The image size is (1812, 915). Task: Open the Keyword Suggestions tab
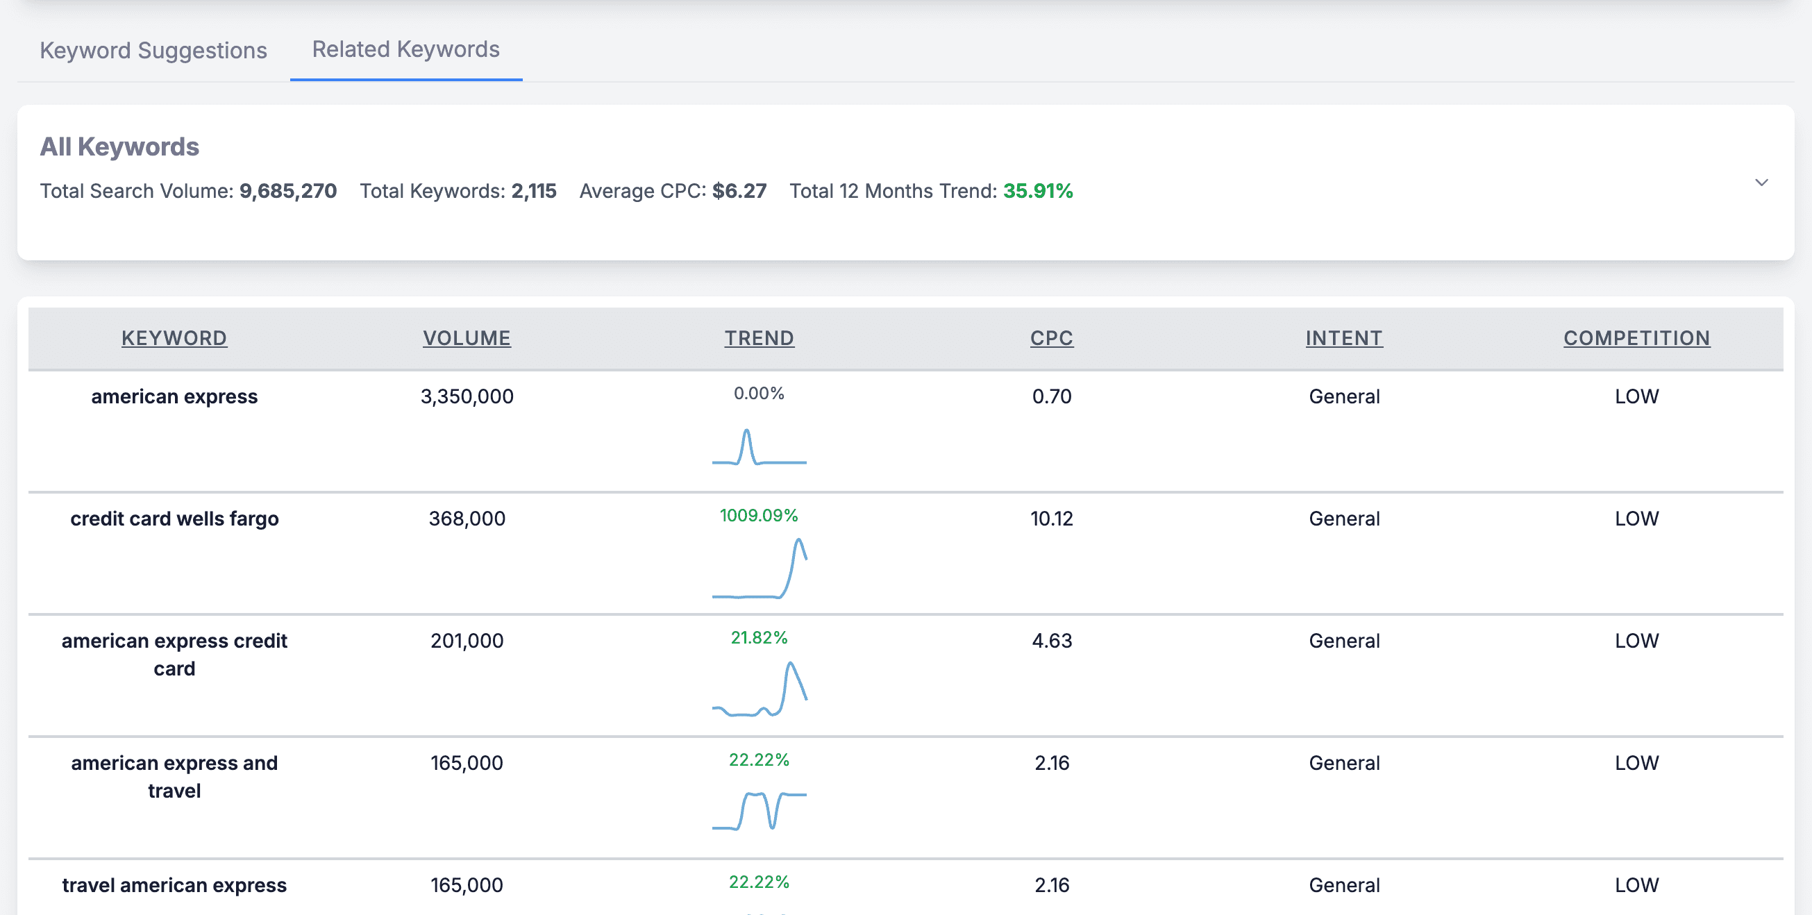(153, 51)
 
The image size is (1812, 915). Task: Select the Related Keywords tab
(405, 49)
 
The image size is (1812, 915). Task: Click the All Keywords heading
(119, 146)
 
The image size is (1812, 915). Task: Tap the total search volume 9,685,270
(287, 191)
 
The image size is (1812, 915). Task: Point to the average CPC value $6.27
(739, 191)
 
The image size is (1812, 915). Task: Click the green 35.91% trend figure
(1037, 191)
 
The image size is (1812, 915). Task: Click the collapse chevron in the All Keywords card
(1761, 183)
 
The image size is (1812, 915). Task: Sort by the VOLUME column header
(467, 338)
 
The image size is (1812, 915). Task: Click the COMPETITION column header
(1636, 338)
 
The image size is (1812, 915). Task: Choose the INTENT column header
(1343, 338)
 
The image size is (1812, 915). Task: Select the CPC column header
(1051, 338)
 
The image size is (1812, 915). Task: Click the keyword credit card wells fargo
(174, 519)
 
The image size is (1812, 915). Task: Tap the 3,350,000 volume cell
(467, 396)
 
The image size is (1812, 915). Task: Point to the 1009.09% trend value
(758, 516)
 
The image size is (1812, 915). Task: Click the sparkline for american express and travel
(759, 810)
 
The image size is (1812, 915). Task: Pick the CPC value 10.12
(1051, 519)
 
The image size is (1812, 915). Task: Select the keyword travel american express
(174, 884)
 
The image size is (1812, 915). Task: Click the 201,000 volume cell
(467, 641)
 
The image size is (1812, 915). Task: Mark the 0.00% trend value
(758, 393)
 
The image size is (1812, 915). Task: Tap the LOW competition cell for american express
(1636, 396)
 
